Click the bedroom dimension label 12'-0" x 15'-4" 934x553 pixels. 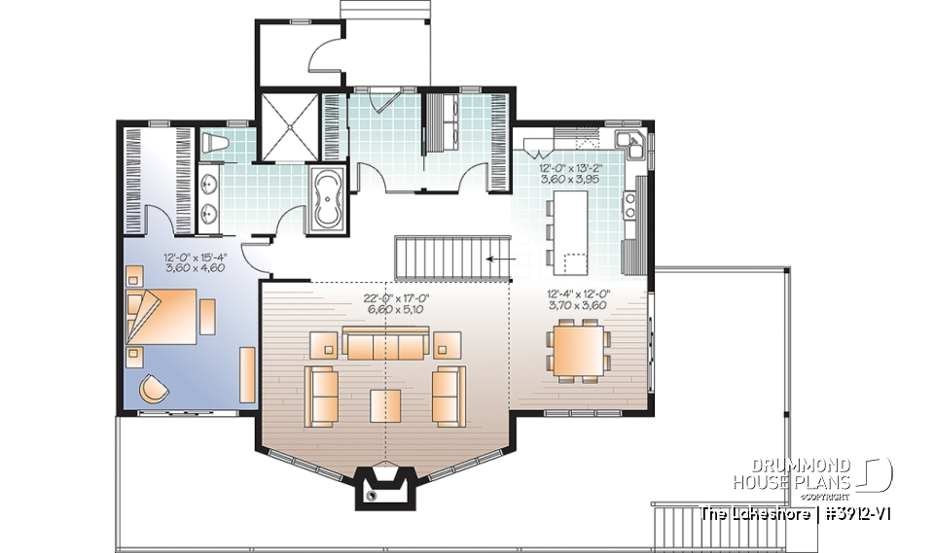pyautogui.click(x=195, y=264)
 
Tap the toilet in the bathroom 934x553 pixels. pyautogui.click(x=217, y=146)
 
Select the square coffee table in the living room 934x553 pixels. pyautogui.click(x=385, y=401)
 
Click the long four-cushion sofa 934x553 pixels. pyautogui.click(x=385, y=342)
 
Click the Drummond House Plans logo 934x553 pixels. pyautogui.click(x=814, y=473)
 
